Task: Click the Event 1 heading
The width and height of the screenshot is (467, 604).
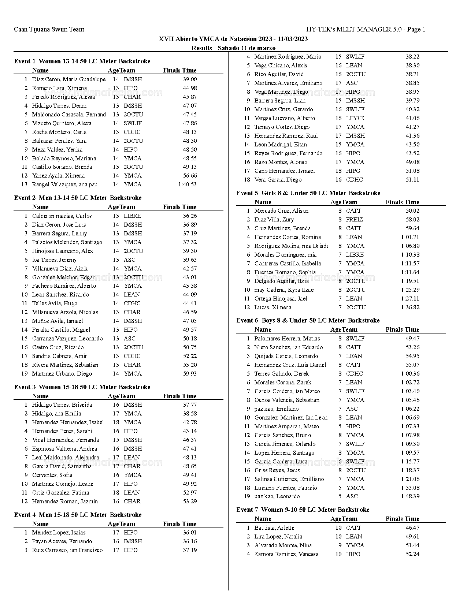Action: (82, 61)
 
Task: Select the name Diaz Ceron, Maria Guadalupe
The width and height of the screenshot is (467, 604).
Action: (68, 79)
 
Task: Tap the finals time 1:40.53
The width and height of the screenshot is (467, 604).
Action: (187, 184)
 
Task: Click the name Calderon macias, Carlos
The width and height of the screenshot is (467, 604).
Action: (62, 216)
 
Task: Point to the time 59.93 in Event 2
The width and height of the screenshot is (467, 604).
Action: (190, 374)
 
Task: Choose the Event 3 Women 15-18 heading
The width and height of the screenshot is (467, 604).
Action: (82, 387)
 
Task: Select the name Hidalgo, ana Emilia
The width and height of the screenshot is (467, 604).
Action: (56, 414)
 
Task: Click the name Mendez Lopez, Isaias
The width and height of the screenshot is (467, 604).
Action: (59, 533)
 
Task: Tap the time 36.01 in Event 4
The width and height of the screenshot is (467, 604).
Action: (190, 533)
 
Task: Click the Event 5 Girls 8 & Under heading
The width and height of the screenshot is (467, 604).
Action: (308, 193)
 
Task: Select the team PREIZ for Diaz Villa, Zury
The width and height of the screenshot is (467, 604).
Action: (354, 220)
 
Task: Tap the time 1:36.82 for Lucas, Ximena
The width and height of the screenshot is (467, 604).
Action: (410, 307)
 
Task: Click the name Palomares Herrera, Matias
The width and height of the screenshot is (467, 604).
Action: (287, 339)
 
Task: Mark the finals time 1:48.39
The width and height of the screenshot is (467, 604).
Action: (410, 496)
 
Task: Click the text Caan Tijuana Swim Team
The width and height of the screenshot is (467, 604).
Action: (49, 29)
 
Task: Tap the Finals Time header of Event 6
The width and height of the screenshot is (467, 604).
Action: (402, 329)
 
